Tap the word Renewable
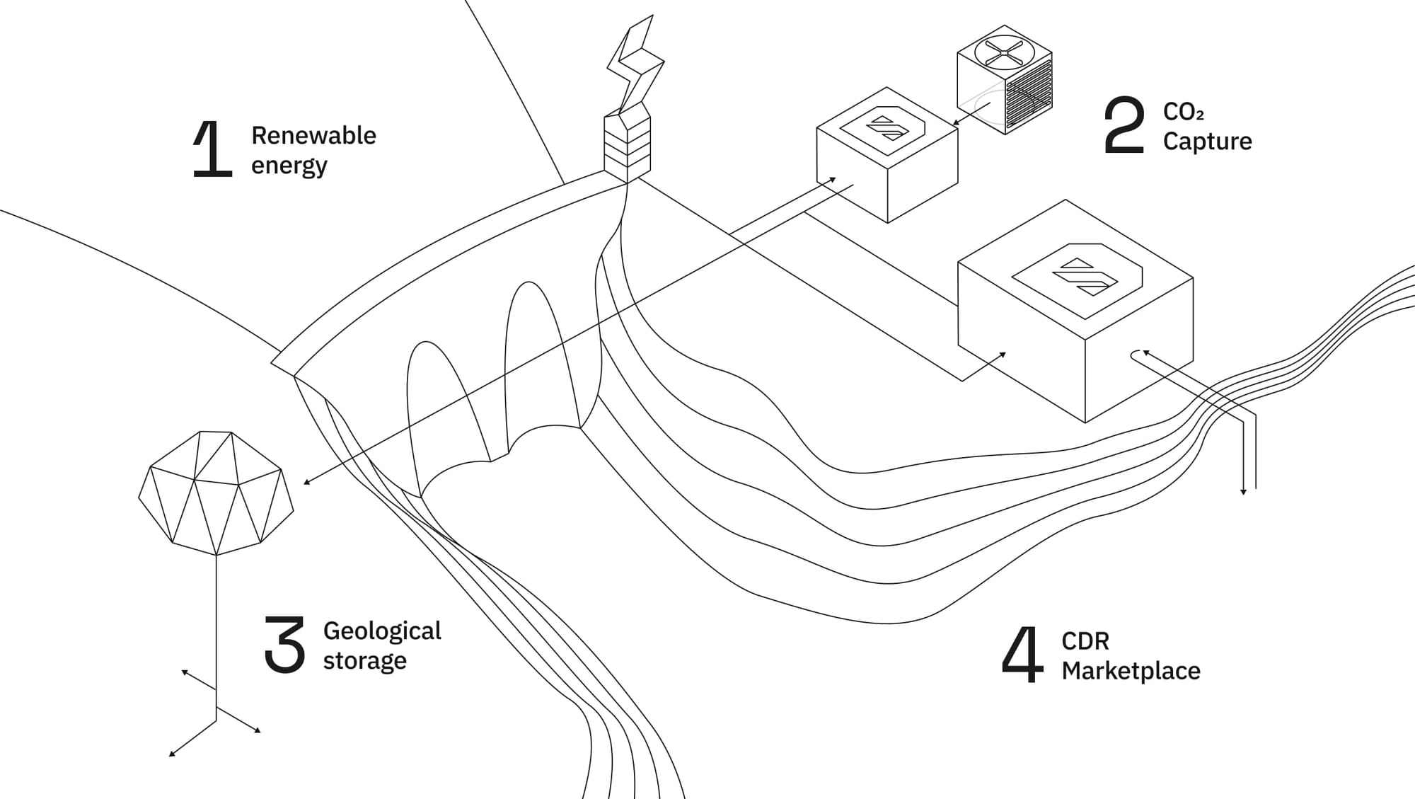(313, 135)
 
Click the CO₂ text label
(1183, 112)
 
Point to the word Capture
(1207, 142)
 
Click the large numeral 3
(284, 643)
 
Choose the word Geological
(382, 631)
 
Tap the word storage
(365, 661)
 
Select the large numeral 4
(1022, 654)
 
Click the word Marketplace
(1131, 670)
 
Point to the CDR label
(1085, 641)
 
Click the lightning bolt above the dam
(635, 65)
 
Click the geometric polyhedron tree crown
(216, 493)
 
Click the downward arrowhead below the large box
(1243, 491)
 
